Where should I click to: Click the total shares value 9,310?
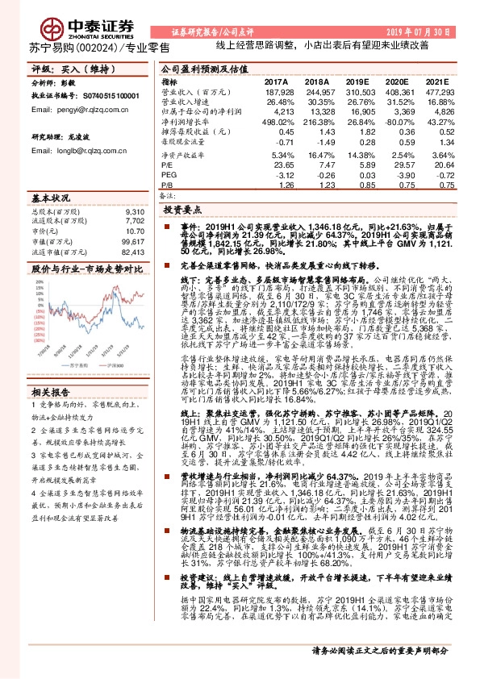click(136, 210)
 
